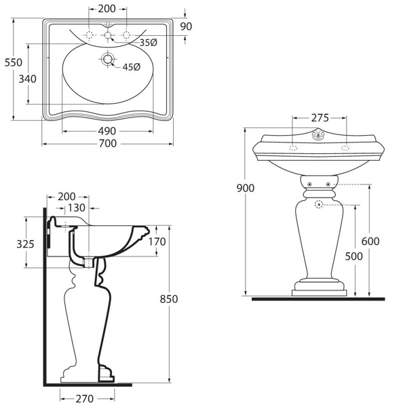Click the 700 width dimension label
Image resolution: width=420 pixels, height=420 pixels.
[108, 144]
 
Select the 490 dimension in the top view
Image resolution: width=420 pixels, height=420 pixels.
[107, 131]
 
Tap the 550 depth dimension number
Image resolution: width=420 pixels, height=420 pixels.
[14, 62]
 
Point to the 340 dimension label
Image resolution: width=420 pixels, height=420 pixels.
[27, 79]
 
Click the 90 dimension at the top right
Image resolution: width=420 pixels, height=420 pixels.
[186, 26]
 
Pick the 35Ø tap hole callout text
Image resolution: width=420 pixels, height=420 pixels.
[148, 42]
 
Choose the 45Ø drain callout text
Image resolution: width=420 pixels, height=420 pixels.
[131, 67]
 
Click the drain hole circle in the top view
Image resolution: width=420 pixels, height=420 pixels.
[108, 59]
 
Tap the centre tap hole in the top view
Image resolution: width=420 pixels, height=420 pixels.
[108, 35]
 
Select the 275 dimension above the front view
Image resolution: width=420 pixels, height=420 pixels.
[320, 118]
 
